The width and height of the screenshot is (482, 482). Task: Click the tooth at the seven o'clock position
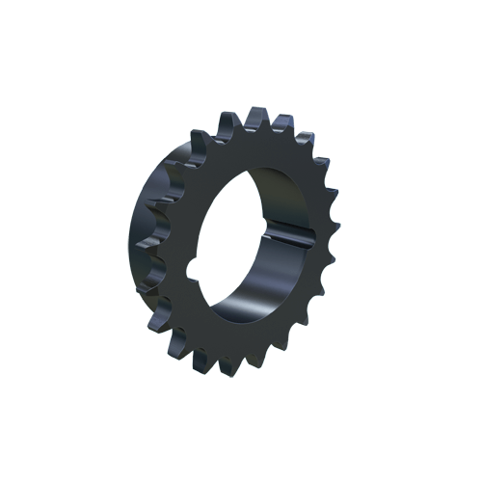(178, 342)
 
